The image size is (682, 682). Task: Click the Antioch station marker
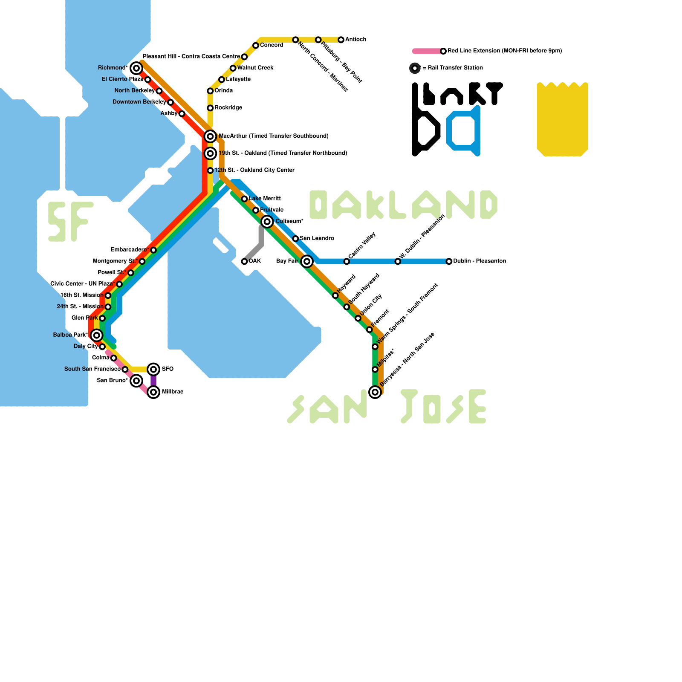click(341, 40)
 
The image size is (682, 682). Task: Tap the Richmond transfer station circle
click(136, 68)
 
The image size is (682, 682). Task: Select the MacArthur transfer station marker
click(210, 136)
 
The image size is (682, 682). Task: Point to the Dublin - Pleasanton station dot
click(449, 261)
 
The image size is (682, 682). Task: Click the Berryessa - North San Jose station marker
click(375, 392)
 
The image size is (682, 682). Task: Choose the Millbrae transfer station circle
click(153, 392)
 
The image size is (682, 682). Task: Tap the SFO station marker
click(153, 369)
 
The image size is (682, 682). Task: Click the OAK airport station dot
click(244, 261)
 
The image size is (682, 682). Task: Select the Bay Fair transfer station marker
click(307, 261)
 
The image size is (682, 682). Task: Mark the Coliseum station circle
click(267, 222)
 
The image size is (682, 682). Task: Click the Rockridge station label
click(228, 108)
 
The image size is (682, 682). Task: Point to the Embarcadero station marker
click(153, 250)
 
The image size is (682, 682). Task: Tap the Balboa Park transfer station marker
click(97, 335)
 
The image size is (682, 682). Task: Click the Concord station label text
click(272, 45)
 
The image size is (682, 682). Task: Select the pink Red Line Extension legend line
click(428, 51)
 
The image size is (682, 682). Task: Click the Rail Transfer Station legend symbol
click(415, 68)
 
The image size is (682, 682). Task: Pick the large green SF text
click(69, 222)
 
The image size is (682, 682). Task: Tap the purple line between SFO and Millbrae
click(153, 381)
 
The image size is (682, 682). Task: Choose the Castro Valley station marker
click(347, 261)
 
